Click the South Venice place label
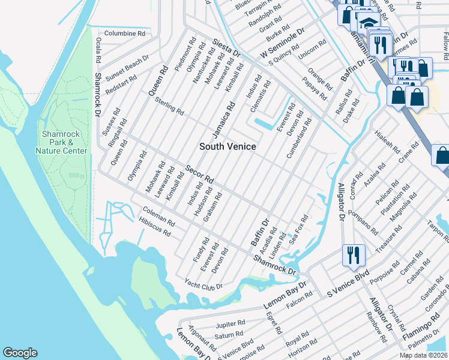[x=228, y=146]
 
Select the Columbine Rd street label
[x=125, y=34]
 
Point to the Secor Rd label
[x=199, y=174]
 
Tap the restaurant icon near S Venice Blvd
[x=352, y=255]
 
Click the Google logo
[x=20, y=353]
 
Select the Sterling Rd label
[x=169, y=107]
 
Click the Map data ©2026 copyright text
[x=423, y=355]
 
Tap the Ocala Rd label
[x=97, y=52]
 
